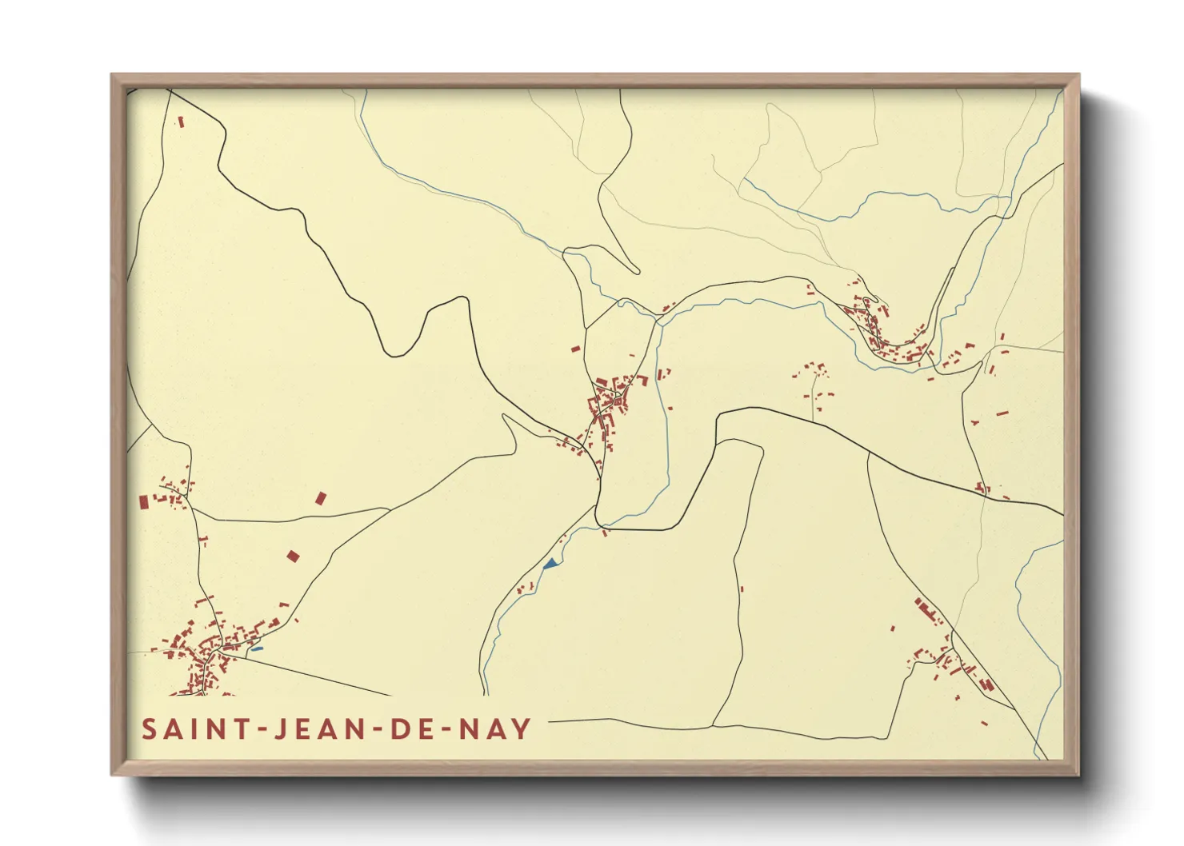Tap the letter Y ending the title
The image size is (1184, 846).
[x=521, y=728]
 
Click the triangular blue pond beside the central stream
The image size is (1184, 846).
[x=550, y=564]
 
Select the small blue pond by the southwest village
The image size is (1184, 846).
[x=256, y=648]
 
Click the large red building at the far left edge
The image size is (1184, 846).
[x=144, y=501]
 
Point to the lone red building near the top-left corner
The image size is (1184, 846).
[x=181, y=122]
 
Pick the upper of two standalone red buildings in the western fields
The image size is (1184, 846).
[x=321, y=498]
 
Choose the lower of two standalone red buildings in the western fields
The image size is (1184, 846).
[x=293, y=555]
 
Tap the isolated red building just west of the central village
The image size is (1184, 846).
[x=575, y=349]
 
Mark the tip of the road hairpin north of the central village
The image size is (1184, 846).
[x=637, y=270]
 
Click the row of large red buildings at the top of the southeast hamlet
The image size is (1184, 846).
[x=928, y=611]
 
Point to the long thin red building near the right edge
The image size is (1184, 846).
[x=1002, y=413]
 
